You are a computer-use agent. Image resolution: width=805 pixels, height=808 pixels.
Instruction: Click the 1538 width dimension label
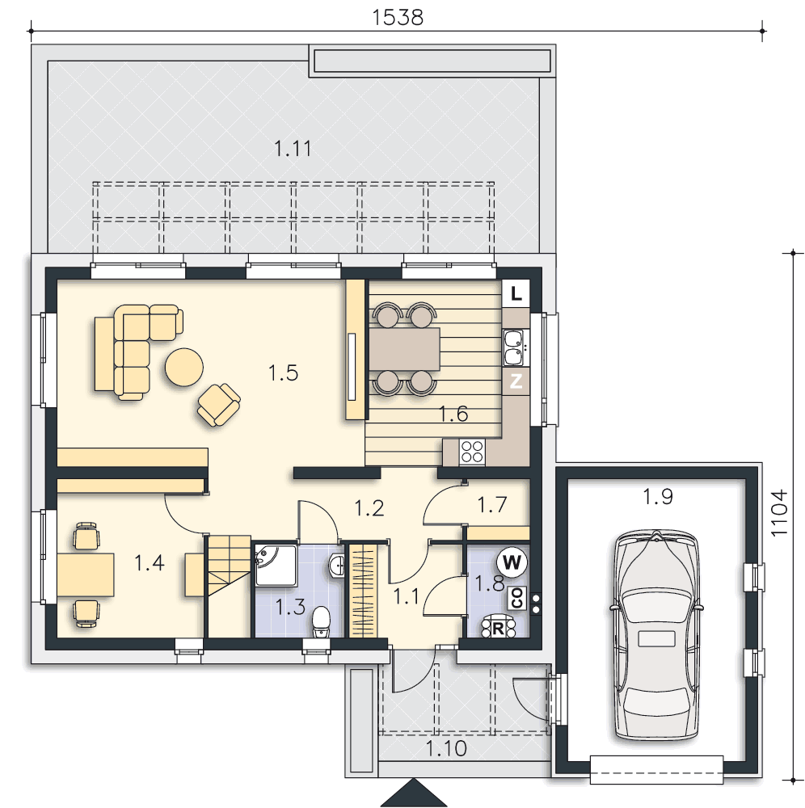398,18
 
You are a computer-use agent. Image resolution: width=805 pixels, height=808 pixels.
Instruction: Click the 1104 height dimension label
779,513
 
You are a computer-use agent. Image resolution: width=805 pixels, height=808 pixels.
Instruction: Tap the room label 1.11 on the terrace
293,149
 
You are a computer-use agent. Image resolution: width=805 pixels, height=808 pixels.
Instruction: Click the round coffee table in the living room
184,367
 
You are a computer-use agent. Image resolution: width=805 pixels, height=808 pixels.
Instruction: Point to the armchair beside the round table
218,405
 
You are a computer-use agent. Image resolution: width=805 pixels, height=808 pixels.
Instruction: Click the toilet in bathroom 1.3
321,621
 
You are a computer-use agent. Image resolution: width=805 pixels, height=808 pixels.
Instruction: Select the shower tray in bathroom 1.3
276,565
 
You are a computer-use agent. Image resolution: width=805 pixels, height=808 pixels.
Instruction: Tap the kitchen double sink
514,347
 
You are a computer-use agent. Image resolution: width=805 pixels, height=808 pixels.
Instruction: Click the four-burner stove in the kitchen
472,452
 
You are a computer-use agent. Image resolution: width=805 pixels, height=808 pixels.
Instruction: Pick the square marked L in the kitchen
516,294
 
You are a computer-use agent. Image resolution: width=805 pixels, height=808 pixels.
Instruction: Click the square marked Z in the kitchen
516,381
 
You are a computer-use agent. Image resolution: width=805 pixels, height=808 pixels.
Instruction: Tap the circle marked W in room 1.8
512,562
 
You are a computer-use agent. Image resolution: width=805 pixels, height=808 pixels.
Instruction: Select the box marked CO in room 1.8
517,599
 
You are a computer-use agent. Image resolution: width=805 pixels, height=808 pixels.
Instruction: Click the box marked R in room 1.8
498,627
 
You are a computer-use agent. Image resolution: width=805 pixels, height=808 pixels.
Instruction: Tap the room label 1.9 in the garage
658,497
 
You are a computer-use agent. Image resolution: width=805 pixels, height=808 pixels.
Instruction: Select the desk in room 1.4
86,574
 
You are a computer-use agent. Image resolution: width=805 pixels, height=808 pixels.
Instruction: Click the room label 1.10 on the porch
446,748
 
